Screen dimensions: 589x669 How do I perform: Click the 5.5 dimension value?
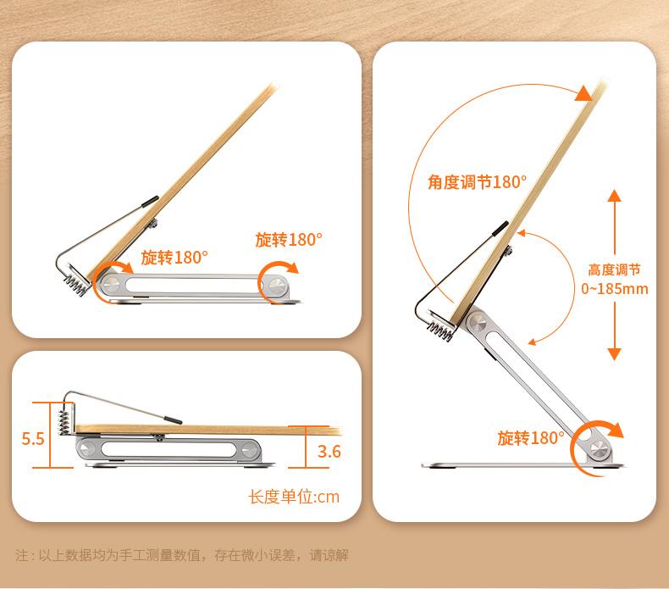[33, 438]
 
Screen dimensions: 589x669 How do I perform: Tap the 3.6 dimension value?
[329, 451]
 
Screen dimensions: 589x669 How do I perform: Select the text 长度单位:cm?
[294, 497]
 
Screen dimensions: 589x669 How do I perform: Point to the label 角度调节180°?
[478, 181]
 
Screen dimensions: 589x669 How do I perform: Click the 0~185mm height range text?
[615, 288]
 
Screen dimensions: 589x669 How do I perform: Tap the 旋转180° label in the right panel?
[530, 438]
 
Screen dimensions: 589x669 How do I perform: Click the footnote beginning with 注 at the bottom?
[182, 556]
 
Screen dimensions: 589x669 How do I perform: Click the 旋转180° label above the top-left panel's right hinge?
[289, 240]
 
